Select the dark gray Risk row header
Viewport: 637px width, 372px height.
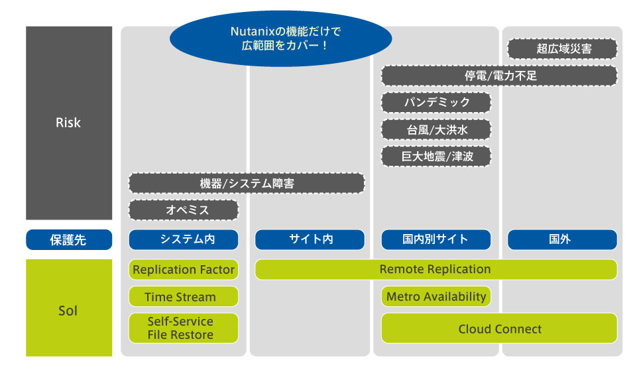pos(68,123)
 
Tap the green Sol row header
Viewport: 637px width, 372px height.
pos(68,310)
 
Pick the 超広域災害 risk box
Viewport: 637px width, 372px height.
pos(562,49)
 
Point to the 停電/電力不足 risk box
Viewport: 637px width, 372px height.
pos(499,76)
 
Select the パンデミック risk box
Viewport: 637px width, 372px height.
pos(436,103)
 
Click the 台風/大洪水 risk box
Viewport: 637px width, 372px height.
pos(436,130)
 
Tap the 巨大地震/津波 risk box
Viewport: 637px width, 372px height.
pos(436,156)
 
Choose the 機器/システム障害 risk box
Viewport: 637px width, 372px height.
pos(247,184)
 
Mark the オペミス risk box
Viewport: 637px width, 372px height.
pos(184,210)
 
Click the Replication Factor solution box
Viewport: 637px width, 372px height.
pos(184,270)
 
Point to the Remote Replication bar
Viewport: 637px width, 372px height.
pos(435,270)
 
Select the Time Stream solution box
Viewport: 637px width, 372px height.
pos(184,297)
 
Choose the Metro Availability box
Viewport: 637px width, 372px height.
pos(436,297)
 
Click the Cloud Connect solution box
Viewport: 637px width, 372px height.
pos(499,328)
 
